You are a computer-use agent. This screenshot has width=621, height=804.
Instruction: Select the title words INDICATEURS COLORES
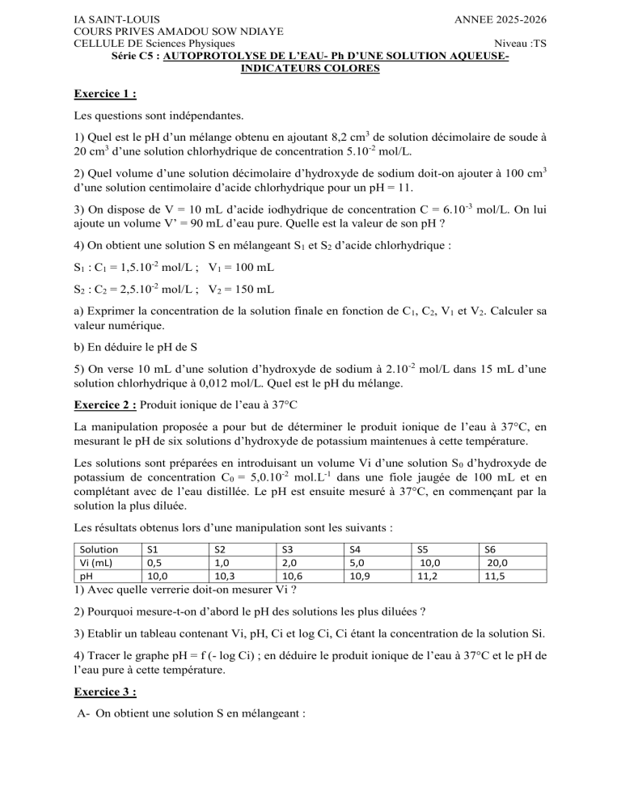point(310,70)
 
